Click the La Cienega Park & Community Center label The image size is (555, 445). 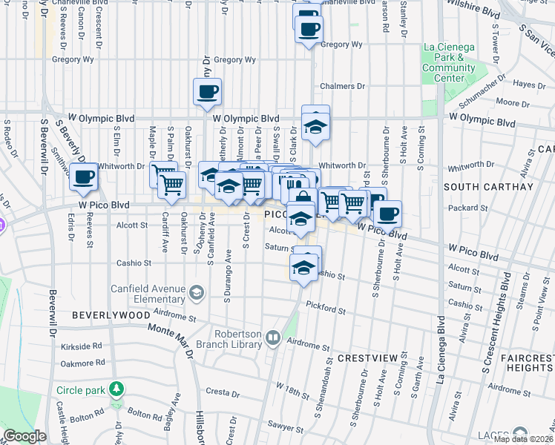click(x=448, y=62)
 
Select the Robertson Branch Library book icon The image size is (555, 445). click(x=272, y=339)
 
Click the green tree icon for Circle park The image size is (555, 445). click(x=116, y=389)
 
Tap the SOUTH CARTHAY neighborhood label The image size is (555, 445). click(x=488, y=187)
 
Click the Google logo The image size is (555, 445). click(x=24, y=436)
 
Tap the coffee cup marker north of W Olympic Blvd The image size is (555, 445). click(x=207, y=93)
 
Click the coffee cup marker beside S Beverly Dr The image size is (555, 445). click(x=84, y=178)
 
